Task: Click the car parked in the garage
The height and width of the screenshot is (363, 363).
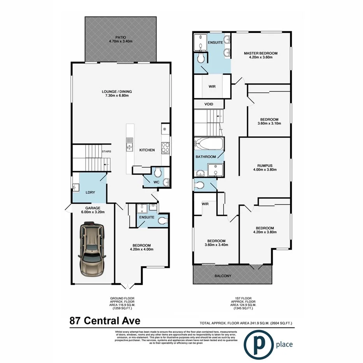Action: pyautogui.click(x=92, y=249)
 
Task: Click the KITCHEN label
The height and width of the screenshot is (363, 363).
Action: pyautogui.click(x=147, y=150)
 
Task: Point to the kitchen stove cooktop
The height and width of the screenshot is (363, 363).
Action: pyautogui.click(x=165, y=147)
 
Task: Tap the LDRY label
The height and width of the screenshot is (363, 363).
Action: pyautogui.click(x=90, y=192)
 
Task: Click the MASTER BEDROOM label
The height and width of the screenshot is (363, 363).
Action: pyautogui.click(x=261, y=53)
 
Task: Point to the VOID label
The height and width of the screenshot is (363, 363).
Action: pyautogui.click(x=209, y=104)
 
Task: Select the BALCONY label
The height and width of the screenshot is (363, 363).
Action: pyautogui.click(x=224, y=276)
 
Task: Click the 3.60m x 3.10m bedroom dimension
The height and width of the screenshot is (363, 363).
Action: pyautogui.click(x=269, y=123)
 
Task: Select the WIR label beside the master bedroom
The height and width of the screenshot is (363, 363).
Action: pyautogui.click(x=212, y=87)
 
